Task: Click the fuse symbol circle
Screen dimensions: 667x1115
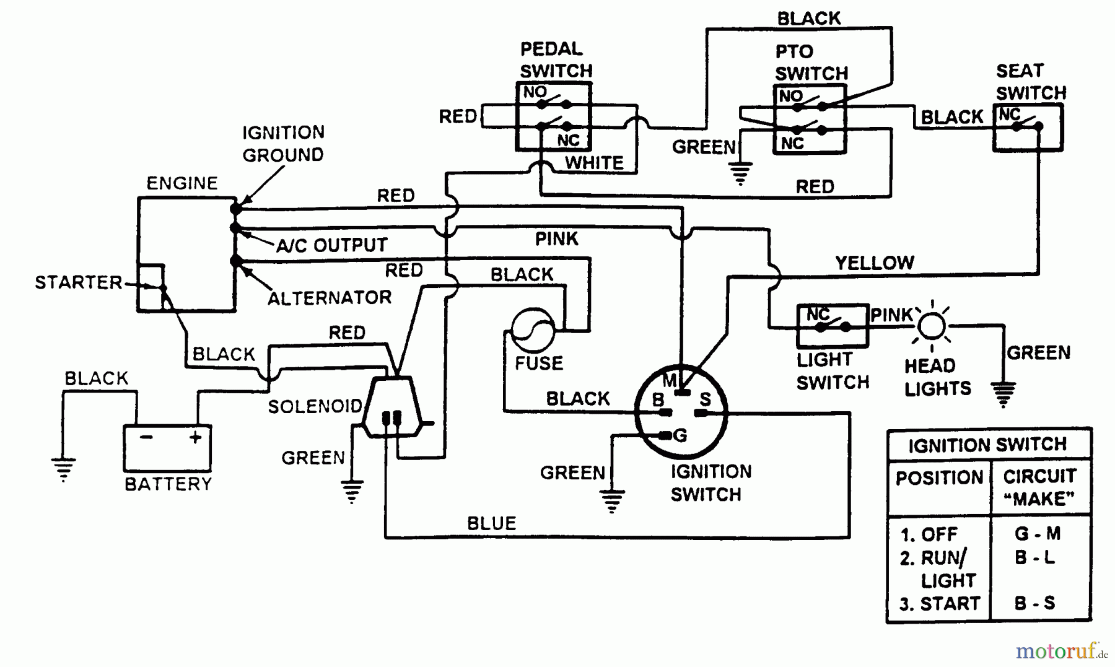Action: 533,329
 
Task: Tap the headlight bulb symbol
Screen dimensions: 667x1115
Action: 932,326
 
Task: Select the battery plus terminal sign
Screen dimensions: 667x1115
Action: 196,437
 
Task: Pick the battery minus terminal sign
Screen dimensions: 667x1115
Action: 146,437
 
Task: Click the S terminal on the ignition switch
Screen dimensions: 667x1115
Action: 705,400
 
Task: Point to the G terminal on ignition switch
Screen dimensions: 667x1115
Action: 680,435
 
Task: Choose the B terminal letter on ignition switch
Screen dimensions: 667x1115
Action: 658,400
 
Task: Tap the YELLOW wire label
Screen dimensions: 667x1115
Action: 874,263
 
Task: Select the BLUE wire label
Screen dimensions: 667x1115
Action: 491,524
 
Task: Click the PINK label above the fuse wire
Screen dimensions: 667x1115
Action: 556,239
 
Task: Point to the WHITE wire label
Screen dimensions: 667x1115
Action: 594,163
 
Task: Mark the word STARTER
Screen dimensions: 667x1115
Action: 79,283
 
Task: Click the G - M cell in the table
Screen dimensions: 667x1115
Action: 1038,534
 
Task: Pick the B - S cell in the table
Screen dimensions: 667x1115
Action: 1034,603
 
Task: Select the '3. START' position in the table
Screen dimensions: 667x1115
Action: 940,604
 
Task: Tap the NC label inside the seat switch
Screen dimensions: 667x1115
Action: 1009,115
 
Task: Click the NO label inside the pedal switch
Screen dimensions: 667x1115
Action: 535,92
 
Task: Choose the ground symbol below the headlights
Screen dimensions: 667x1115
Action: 1003,394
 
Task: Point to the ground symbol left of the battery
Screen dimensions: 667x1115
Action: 63,469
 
